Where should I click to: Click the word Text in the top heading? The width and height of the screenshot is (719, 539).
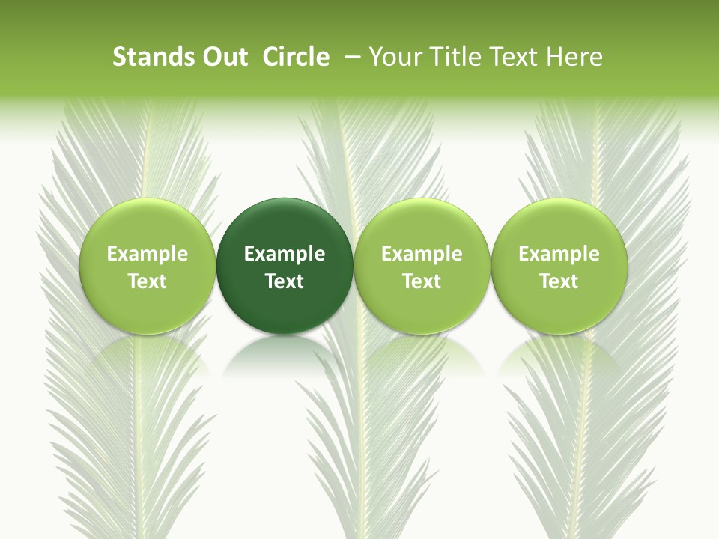point(514,57)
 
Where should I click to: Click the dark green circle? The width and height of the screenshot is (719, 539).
point(285,225)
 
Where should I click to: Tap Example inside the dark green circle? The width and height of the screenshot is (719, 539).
point(285,254)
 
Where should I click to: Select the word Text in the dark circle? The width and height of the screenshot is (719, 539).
point(285,281)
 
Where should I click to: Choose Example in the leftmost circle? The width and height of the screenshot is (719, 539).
point(148,254)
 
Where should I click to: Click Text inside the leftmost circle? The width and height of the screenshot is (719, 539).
point(148,281)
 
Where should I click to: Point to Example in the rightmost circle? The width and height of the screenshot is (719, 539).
point(559,254)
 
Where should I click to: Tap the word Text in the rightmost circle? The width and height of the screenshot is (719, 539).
point(559,281)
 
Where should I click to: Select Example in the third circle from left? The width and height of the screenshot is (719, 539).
point(422,254)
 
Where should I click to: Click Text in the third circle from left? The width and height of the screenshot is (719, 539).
point(422,281)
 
